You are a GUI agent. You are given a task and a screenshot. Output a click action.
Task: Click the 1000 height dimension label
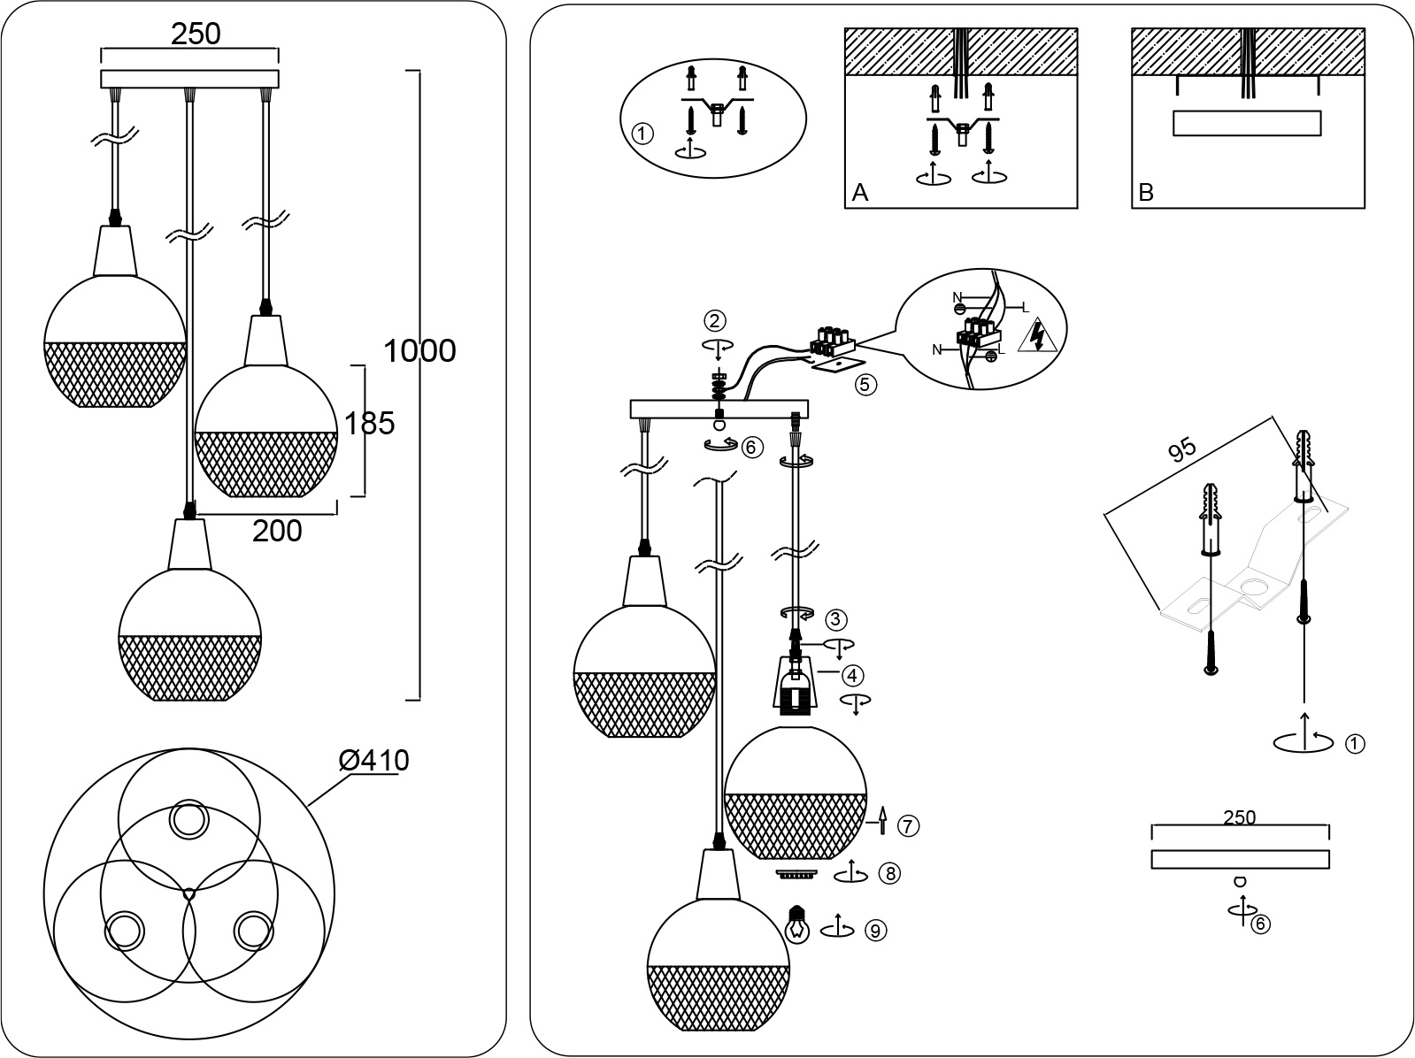point(419,351)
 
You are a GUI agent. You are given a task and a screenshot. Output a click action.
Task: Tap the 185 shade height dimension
point(368,424)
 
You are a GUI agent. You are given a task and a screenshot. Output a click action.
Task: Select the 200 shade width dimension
point(277,531)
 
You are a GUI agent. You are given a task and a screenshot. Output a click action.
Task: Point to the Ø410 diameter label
point(373,761)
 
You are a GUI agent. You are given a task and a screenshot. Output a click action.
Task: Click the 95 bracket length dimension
point(1181,449)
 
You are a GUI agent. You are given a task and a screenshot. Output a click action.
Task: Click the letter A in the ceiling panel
point(859,193)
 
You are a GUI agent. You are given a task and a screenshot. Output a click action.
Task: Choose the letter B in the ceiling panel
point(1146,193)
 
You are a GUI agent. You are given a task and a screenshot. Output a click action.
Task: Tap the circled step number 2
point(715,320)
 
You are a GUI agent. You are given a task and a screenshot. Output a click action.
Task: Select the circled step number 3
point(837,618)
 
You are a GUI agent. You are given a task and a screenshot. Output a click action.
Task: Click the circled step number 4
point(851,676)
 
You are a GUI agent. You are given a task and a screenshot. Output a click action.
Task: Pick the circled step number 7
point(908,825)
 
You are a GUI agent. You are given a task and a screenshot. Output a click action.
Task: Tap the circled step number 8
point(890,874)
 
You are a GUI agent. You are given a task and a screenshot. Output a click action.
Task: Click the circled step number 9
point(874,930)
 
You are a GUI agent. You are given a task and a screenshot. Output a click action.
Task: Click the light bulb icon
point(798,924)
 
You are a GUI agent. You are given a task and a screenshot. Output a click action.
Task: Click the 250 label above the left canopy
point(196,34)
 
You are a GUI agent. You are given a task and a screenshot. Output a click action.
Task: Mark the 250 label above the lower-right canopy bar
point(1239,817)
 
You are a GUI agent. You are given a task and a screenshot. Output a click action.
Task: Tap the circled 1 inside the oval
point(643,134)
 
